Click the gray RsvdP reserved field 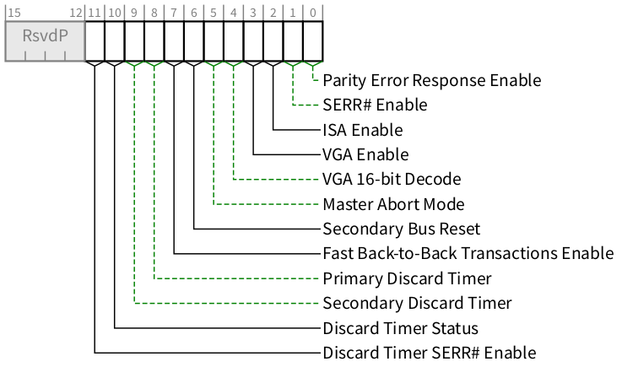45,40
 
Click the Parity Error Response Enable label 431,81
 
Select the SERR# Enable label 375,105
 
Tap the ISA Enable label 362,130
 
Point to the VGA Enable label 365,154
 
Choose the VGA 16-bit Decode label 392,180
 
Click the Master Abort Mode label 393,204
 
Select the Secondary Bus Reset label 401,229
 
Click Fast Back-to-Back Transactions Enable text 468,253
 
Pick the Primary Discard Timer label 407,278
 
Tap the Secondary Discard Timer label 417,303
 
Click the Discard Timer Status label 401,328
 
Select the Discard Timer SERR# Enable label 429,353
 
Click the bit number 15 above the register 14,13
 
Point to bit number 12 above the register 77,13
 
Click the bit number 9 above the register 134,13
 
